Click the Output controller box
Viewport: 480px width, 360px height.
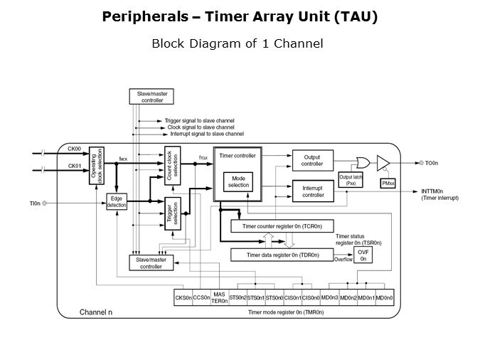pos(313,160)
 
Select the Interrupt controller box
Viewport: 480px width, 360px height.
pos(313,191)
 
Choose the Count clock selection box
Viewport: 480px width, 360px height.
pos(173,168)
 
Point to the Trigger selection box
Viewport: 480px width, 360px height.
pos(173,213)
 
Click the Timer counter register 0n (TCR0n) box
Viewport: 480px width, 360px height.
pos(282,226)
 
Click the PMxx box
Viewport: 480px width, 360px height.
pos(388,184)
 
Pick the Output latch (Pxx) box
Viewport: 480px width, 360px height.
pos(351,179)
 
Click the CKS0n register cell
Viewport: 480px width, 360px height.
pos(183,297)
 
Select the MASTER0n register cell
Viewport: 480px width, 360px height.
pos(219,297)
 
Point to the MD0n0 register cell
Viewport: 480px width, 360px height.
pos(385,297)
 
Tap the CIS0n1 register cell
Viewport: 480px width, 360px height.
pos(293,297)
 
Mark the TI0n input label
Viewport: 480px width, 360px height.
pos(34,203)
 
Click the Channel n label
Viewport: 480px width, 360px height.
pos(96,312)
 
